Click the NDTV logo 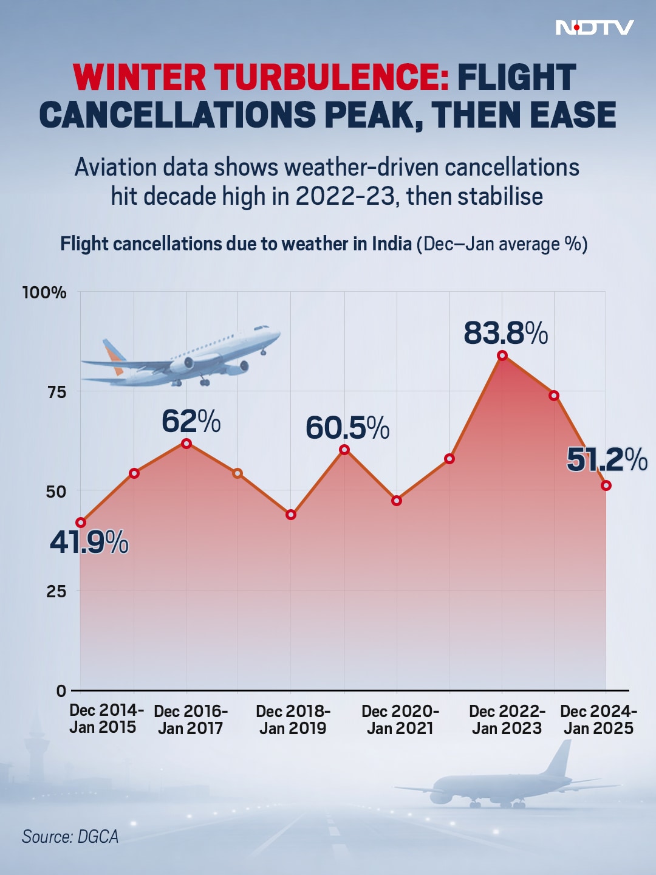click(595, 27)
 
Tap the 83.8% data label click(505, 333)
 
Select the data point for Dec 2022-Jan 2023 click(502, 355)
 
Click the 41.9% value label click(89, 542)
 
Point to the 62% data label click(191, 421)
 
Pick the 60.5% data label click(347, 428)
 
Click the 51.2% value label click(606, 459)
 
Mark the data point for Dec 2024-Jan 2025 click(606, 486)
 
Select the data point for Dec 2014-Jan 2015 click(81, 523)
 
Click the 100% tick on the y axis click(44, 292)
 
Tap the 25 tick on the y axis click(56, 591)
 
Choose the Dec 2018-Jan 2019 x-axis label click(293, 719)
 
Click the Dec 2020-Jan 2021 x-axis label click(400, 719)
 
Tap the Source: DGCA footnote click(70, 837)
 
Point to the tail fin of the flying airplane click(112, 354)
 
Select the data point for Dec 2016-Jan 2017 click(186, 444)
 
